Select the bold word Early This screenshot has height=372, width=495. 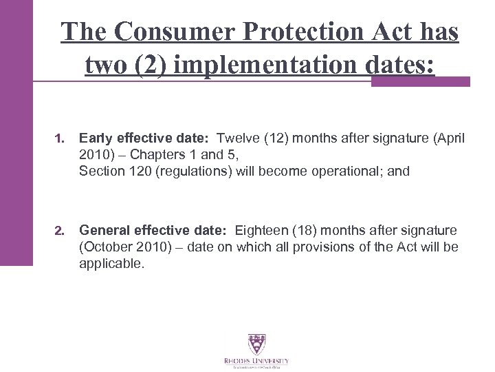coord(95,139)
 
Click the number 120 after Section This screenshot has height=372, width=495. coord(129,171)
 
